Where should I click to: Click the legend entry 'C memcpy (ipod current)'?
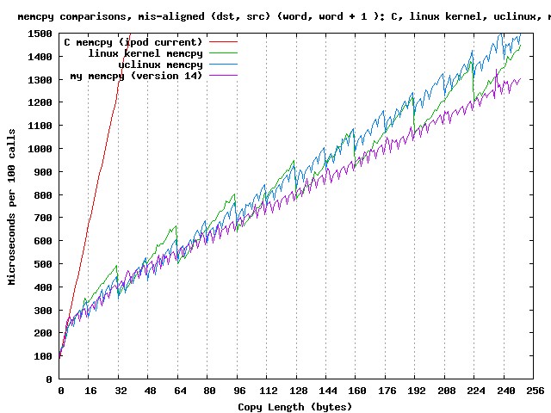[x=133, y=41]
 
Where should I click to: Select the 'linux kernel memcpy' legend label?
[x=145, y=53]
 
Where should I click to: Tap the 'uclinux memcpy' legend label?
[x=159, y=65]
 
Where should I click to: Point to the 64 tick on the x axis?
[x=180, y=391]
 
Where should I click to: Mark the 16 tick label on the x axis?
[x=90, y=391]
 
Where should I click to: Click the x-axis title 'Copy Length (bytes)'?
[x=295, y=406]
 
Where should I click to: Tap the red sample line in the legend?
[x=221, y=41]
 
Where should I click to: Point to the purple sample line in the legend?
[x=221, y=76]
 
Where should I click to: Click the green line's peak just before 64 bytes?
[x=176, y=226]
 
